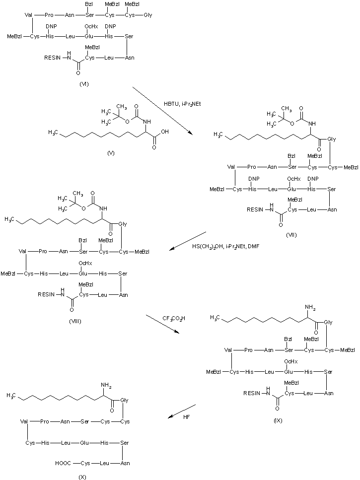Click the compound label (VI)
coord(84,84)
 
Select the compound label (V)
coord(111,152)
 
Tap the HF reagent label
coord(186,417)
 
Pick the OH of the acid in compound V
coord(164,133)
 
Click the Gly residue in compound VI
coord(147,15)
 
